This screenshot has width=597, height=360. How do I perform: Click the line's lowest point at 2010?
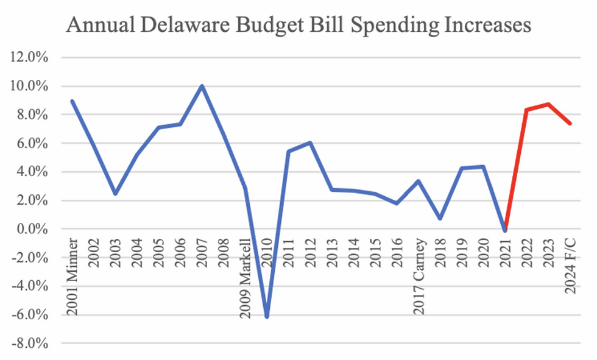pyautogui.click(x=267, y=317)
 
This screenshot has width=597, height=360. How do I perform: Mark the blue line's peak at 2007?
pyautogui.click(x=202, y=86)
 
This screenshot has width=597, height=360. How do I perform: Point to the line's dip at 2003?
pyautogui.click(x=115, y=194)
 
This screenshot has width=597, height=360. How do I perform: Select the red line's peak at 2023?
pyautogui.click(x=548, y=104)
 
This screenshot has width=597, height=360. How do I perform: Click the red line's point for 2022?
pyautogui.click(x=526, y=110)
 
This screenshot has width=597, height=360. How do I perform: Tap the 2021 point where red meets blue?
pyautogui.click(x=504, y=230)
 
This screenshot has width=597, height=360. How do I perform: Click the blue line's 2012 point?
pyautogui.click(x=310, y=143)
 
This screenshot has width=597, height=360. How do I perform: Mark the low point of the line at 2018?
pyautogui.click(x=440, y=219)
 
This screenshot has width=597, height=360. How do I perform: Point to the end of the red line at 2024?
pyautogui.click(x=570, y=124)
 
